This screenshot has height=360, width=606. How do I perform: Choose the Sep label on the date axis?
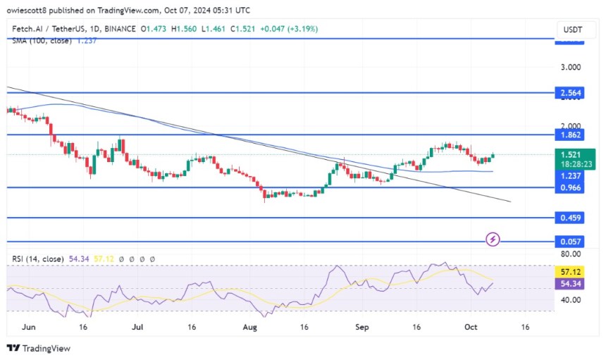point(363,328)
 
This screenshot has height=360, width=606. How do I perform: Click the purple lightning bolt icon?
point(493,240)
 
